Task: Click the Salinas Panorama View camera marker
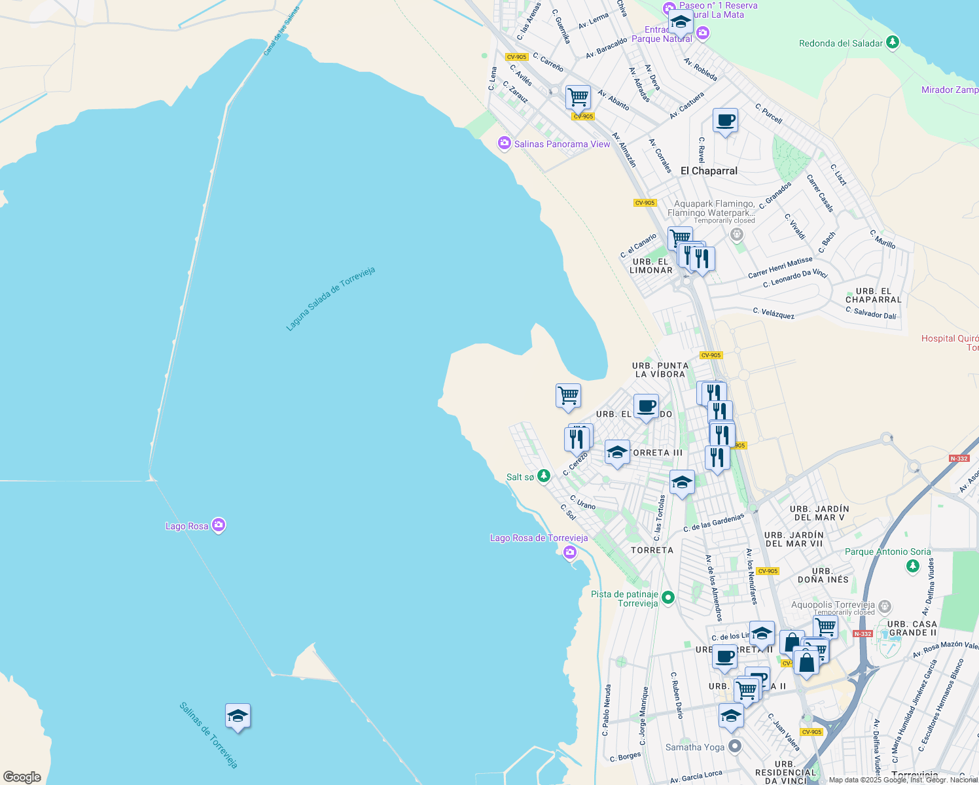click(x=504, y=143)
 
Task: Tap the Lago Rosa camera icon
click(x=219, y=525)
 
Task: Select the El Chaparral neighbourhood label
click(x=709, y=171)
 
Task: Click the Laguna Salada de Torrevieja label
click(x=330, y=298)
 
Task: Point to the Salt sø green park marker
click(x=544, y=476)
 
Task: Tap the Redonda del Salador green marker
click(x=892, y=43)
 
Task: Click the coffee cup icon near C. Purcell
click(x=725, y=121)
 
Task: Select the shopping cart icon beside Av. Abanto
click(x=578, y=97)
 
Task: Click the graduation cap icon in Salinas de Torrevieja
click(x=238, y=716)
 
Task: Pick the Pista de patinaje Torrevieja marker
click(x=668, y=597)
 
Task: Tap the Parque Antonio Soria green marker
click(x=913, y=566)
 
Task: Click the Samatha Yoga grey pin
click(x=736, y=746)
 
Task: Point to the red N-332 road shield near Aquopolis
click(x=863, y=634)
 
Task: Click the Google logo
click(x=22, y=776)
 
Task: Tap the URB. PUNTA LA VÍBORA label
click(x=660, y=370)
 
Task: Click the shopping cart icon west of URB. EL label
click(x=568, y=396)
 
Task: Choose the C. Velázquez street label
click(x=774, y=313)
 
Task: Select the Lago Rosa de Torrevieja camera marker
click(x=570, y=553)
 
